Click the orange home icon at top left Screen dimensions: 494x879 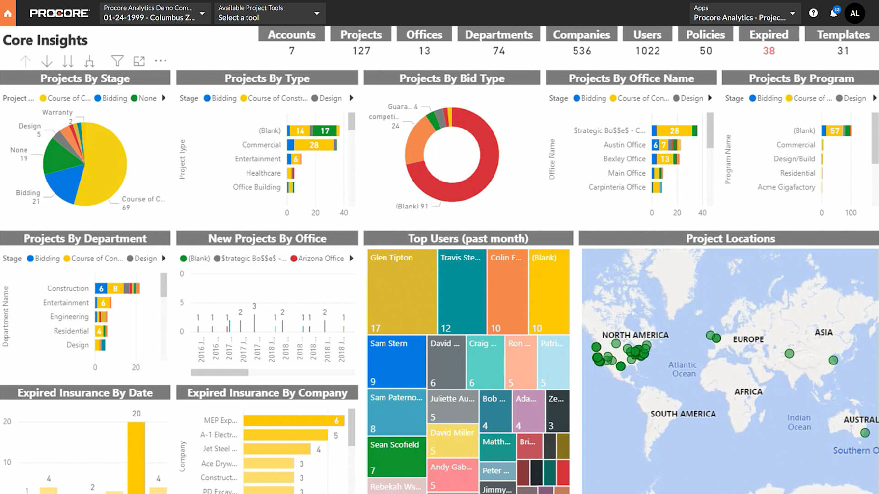(8, 13)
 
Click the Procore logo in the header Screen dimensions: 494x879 (59, 13)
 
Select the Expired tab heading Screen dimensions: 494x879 (769, 35)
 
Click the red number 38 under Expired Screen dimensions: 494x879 (769, 51)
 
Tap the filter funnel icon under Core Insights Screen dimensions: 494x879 (117, 61)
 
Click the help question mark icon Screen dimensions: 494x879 (813, 13)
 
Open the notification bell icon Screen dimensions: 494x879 (833, 13)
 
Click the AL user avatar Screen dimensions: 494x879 (854, 13)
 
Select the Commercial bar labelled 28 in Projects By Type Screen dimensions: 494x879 (313, 145)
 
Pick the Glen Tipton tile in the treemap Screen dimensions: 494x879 (401, 292)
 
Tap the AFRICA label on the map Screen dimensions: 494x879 (748, 392)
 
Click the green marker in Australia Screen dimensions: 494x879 (865, 433)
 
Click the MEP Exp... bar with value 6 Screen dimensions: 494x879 (293, 420)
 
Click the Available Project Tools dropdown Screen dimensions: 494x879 (269, 13)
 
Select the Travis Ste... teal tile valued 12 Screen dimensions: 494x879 (462, 292)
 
